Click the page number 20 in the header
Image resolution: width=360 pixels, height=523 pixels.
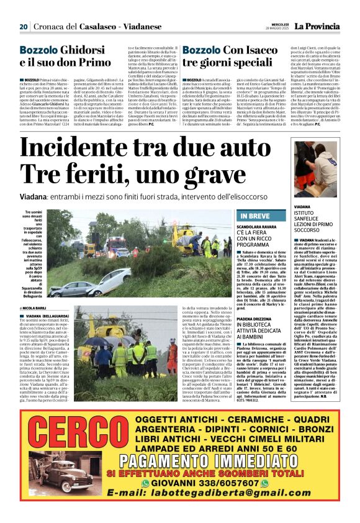[x=24, y=27]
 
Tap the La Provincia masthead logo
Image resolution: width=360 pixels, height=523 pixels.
[x=317, y=27]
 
